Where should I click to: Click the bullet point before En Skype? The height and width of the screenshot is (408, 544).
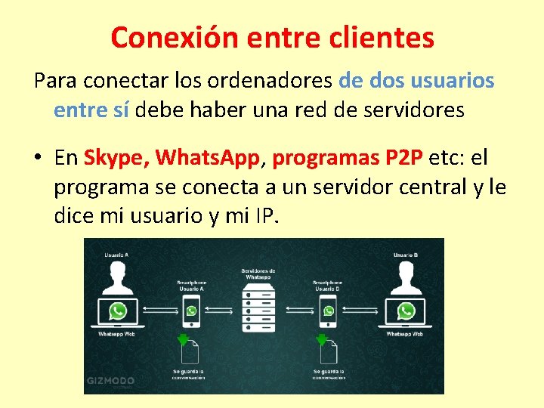coord(36,158)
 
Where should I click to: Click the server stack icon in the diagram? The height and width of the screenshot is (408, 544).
coord(258,309)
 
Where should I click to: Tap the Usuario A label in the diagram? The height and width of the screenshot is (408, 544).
coord(116,255)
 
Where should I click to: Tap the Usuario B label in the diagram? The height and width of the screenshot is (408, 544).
coord(406,255)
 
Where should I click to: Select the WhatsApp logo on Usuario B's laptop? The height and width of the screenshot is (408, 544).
coord(406,311)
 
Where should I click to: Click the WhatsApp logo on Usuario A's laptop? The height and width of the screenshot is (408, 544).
coord(117,311)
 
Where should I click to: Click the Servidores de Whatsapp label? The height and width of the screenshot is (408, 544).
coord(258,274)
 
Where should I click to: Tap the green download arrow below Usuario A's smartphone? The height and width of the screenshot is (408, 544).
coord(182,339)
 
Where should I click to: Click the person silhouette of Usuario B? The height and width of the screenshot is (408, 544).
coord(406,280)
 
